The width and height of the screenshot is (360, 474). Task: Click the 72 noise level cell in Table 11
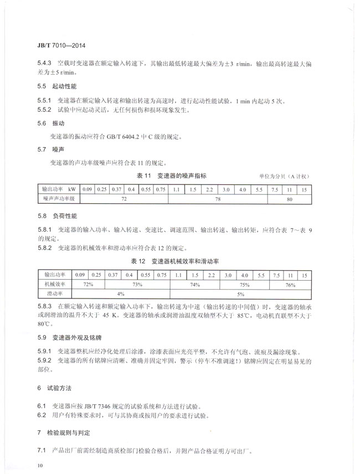point(124,198)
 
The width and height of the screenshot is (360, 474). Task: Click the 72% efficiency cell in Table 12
point(87,284)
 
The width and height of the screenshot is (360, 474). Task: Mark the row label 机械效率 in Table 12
point(55,284)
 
